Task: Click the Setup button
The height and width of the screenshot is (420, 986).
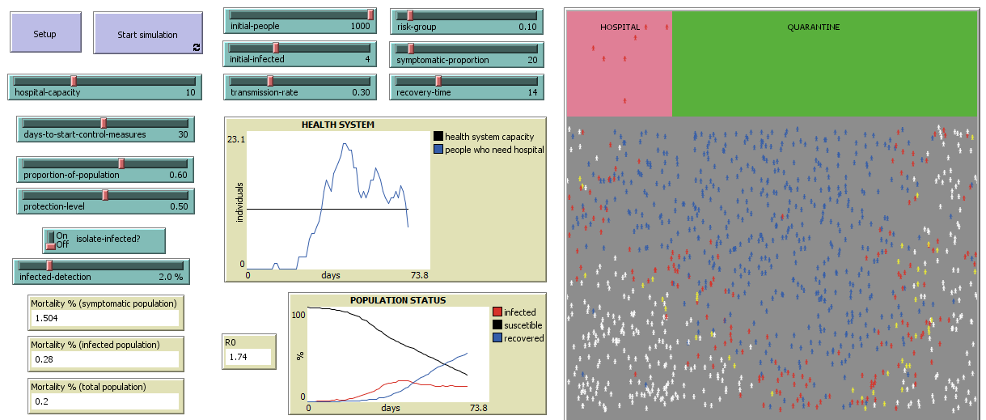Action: (x=44, y=34)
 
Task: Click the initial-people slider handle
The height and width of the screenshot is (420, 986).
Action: (x=370, y=15)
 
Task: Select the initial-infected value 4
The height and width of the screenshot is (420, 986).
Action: (x=367, y=59)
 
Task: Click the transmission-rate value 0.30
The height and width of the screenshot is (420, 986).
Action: (x=360, y=92)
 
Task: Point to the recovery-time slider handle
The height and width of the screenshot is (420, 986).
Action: (x=438, y=81)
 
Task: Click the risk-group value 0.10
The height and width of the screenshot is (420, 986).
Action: (x=527, y=27)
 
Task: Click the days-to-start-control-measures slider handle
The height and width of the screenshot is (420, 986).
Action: (x=104, y=123)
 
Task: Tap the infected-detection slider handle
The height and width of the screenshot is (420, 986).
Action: (x=49, y=265)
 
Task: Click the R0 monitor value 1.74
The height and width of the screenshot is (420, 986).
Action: (x=238, y=357)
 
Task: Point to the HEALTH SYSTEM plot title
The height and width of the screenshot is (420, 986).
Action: (x=338, y=125)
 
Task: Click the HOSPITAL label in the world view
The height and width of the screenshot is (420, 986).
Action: (x=620, y=28)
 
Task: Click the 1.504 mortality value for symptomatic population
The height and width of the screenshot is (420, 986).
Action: (x=47, y=318)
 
